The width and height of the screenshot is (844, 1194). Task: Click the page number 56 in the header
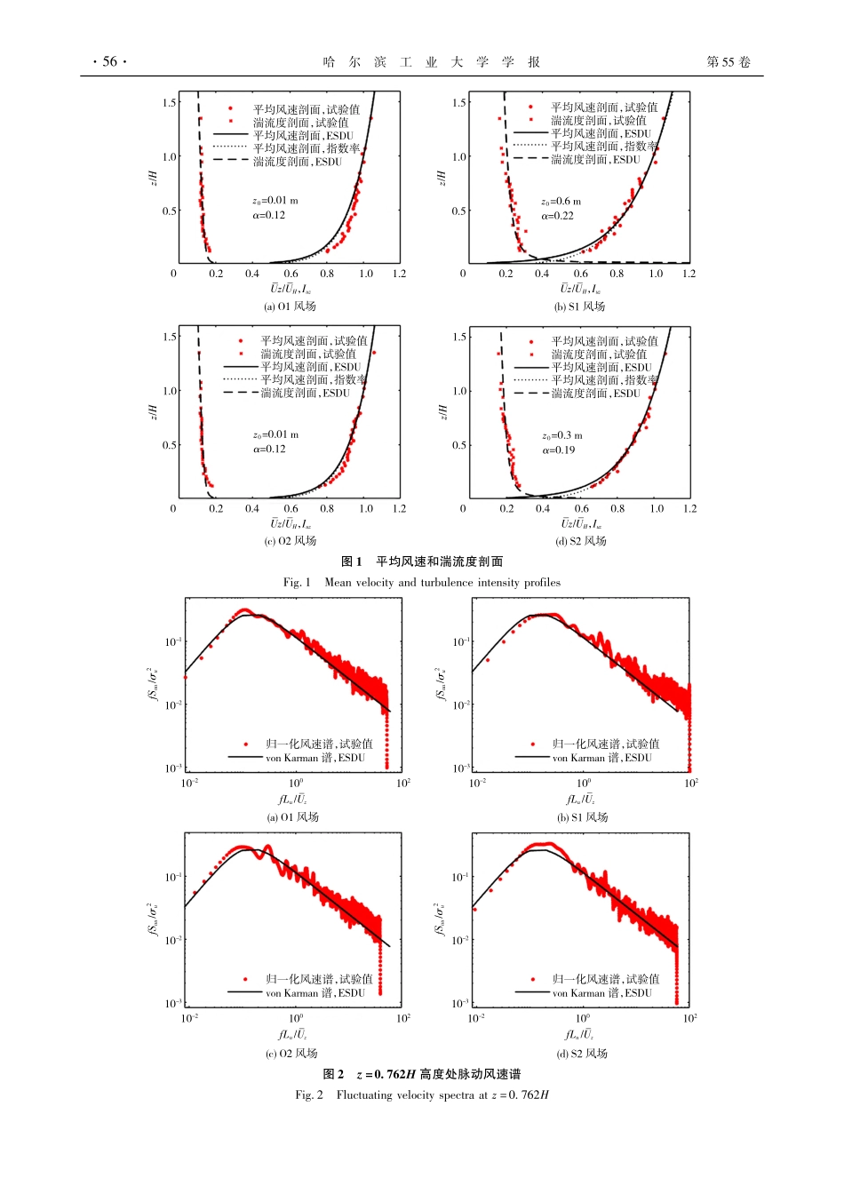click(110, 61)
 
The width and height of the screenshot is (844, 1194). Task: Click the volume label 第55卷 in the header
click(729, 61)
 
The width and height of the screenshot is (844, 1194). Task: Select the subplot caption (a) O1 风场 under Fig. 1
click(290, 306)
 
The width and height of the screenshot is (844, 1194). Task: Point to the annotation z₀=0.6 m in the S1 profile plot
click(561, 202)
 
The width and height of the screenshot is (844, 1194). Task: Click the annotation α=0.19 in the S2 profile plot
click(559, 450)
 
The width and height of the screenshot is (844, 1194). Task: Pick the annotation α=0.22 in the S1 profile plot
click(558, 216)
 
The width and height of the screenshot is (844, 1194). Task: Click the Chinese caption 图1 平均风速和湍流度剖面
click(422, 561)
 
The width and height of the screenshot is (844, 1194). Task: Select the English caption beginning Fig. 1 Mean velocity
click(422, 583)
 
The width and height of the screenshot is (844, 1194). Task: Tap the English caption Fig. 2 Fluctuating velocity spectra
click(422, 1095)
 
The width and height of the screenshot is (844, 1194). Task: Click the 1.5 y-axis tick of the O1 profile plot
click(170, 102)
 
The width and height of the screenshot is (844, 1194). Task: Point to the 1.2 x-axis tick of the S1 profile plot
click(689, 274)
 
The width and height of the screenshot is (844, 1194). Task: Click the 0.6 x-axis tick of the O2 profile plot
click(291, 509)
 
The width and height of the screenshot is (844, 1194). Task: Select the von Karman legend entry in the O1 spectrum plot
click(315, 758)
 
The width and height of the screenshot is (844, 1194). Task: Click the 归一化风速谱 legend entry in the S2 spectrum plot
click(605, 979)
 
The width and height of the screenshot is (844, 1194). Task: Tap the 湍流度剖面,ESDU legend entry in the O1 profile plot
click(297, 162)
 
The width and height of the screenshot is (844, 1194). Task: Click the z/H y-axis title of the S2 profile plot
click(442, 412)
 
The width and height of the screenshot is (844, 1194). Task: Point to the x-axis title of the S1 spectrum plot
click(580, 800)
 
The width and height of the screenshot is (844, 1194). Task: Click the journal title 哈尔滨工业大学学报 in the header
click(432, 61)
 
